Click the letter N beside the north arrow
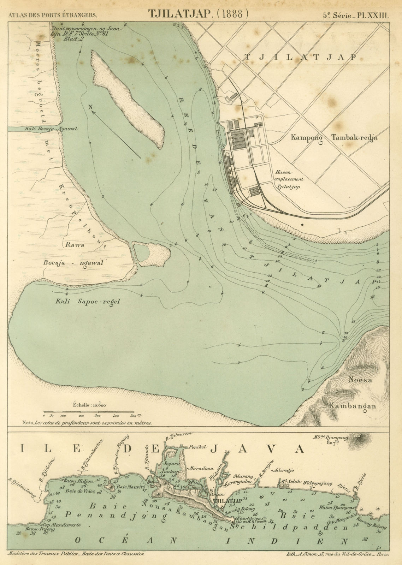(x=90, y=107)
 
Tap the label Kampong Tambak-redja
(x=334, y=138)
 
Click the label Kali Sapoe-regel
(x=88, y=302)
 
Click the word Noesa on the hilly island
(x=360, y=380)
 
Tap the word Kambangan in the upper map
(x=352, y=406)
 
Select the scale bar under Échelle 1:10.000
(x=89, y=411)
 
